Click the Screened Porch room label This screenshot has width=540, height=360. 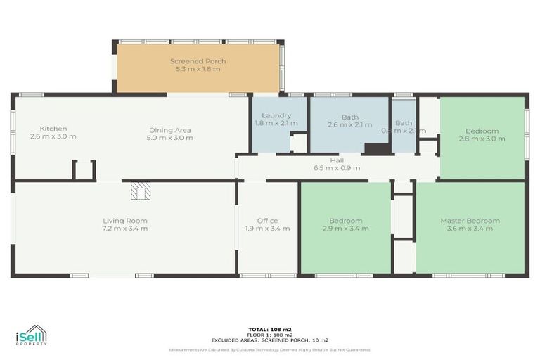[x=198, y=61]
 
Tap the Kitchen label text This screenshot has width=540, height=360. [x=53, y=129]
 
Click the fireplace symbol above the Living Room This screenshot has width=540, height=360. [x=141, y=191]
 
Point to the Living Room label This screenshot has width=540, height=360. [x=125, y=221]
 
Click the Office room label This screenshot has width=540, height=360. [x=267, y=221]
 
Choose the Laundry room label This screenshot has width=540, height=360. [x=276, y=115]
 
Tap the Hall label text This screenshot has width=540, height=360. [x=337, y=160]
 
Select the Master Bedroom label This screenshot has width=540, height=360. [x=470, y=221]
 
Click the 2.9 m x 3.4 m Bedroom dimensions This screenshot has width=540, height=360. [x=345, y=229]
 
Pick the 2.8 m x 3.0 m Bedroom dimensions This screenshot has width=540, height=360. [x=482, y=139]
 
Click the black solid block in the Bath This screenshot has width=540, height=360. [x=377, y=148]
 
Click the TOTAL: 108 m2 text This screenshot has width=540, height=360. [x=270, y=329]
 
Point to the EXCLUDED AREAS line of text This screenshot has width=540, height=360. [x=270, y=340]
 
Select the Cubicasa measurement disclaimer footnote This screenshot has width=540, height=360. [x=270, y=349]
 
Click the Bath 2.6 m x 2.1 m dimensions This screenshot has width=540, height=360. [x=350, y=124]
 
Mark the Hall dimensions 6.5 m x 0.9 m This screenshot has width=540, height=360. [x=337, y=168]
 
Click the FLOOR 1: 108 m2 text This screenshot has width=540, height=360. [x=270, y=335]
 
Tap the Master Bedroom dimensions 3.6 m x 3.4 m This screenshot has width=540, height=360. [x=470, y=229]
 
